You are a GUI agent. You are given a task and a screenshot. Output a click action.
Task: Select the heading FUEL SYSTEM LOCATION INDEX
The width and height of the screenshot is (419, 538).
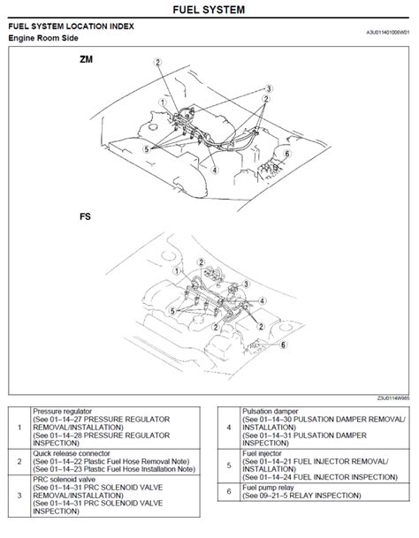72,27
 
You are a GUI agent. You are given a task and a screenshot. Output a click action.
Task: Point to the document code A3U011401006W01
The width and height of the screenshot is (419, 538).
388,32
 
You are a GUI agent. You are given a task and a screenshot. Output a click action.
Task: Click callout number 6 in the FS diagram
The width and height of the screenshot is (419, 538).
283,346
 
